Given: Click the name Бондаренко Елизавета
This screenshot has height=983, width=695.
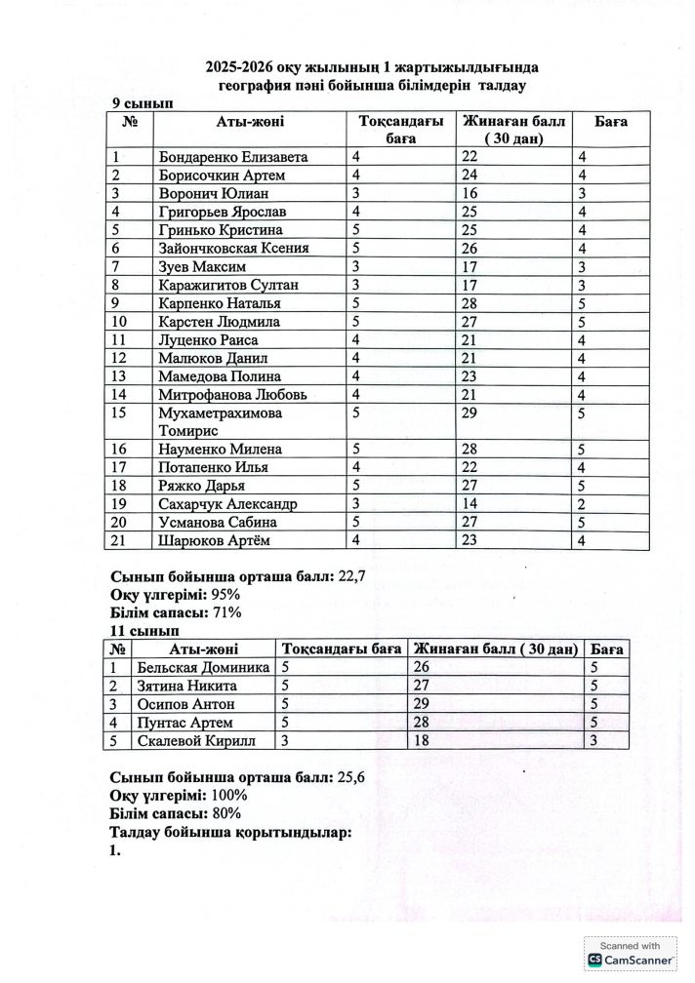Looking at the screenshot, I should (x=232, y=157).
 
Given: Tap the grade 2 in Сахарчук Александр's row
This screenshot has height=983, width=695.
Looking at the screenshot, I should (x=581, y=504).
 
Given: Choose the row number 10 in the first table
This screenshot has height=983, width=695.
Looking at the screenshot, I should (x=122, y=321).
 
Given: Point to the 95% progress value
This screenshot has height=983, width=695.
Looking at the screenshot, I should (x=223, y=595).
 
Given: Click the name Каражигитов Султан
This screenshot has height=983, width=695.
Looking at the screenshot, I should (x=227, y=285).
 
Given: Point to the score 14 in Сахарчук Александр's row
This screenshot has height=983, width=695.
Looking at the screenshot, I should (x=470, y=504).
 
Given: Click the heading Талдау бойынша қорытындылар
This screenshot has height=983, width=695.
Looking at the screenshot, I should (x=230, y=832).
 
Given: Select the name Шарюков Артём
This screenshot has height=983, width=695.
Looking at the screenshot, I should (x=219, y=540).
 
